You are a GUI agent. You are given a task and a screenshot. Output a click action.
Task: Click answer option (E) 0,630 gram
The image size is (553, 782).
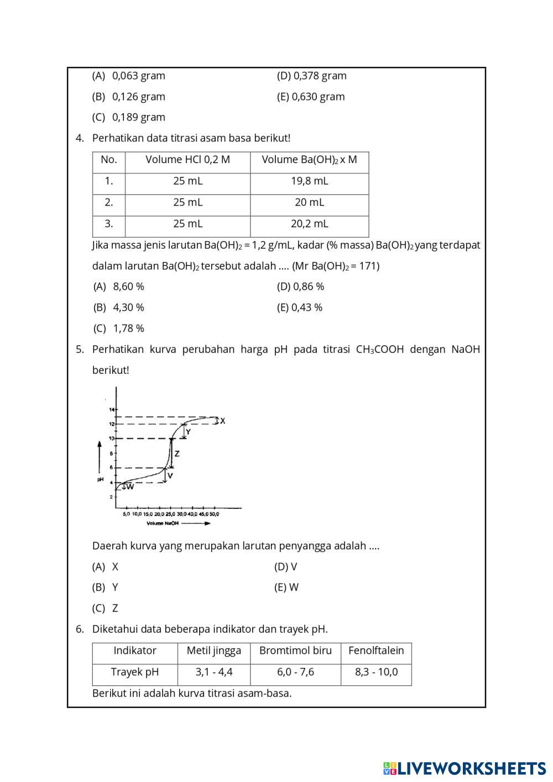pos(310,97)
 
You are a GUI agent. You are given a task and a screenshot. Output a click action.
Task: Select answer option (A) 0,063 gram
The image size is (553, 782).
pos(128,76)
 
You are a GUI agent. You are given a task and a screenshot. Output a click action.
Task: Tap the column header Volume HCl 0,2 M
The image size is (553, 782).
pos(187,160)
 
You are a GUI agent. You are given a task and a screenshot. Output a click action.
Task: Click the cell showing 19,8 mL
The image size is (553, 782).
pos(309,181)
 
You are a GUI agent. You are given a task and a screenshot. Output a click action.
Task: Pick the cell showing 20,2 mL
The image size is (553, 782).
pos(309,224)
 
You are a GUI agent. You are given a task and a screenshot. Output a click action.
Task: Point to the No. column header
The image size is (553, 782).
pos(109,160)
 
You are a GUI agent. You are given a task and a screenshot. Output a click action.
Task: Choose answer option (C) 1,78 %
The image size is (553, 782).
pos(118,329)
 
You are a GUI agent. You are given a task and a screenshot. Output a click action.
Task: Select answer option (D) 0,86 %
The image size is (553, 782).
pos(300,286)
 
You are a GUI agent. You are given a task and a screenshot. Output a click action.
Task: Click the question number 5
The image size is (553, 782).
pos(80,350)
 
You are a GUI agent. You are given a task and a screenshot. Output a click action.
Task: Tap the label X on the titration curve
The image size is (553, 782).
pos(222,421)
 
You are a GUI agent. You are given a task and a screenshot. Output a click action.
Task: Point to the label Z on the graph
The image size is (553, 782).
pos(177,454)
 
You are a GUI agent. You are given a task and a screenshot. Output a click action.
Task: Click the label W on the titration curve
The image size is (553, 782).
pos(130,487)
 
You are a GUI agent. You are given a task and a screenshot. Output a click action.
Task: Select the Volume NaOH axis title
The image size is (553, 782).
pos(163,523)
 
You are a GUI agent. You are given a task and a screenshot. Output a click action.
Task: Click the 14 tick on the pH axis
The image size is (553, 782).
pos(111,409)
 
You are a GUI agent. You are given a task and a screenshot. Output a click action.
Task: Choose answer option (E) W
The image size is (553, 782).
pos(286,587)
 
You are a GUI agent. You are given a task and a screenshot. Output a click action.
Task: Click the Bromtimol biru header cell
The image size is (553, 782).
pos(295,651)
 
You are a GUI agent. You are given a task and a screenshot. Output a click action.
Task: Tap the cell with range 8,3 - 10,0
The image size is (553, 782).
pos(376,672)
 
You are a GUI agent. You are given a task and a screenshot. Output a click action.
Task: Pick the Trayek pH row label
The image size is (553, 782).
pos(134,672)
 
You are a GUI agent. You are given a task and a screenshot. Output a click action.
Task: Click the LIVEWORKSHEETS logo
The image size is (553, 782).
pos(465,768)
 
